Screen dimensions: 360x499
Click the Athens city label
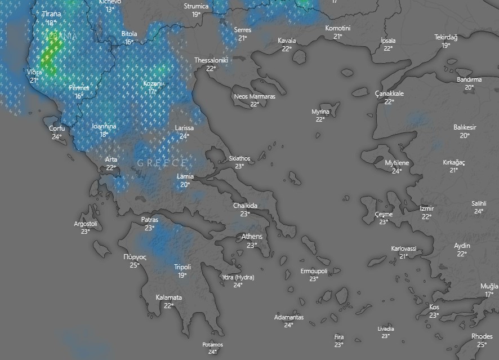[252, 237]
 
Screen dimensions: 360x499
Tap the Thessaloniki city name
[211, 60]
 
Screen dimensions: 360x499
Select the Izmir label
[427, 208]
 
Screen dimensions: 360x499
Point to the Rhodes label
[482, 336]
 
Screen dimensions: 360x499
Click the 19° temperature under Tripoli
[182, 275]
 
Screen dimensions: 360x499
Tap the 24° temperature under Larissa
[184, 136]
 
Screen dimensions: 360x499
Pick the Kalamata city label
[168, 297]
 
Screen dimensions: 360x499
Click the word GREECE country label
[162, 163]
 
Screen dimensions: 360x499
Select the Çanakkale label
[389, 94]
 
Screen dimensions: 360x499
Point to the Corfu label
[57, 128]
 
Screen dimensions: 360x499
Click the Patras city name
[149, 220]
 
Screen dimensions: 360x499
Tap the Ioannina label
[104, 126]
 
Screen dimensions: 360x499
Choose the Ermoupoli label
[313, 271]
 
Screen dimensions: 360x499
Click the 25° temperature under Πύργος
[135, 265]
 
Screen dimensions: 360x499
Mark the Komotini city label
[338, 28]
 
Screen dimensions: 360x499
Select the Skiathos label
[239, 158]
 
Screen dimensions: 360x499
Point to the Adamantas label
[288, 317]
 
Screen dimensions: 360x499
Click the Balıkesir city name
[465, 127]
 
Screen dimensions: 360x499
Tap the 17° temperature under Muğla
[489, 295]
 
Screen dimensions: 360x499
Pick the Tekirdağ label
[445, 37]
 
